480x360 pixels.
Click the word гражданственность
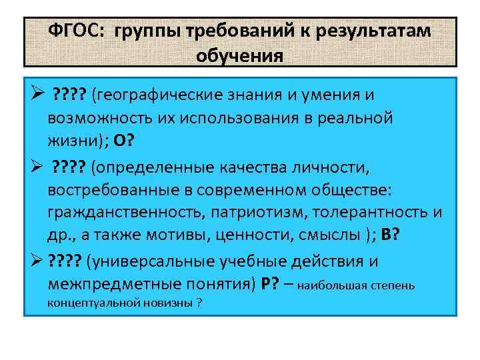pos(123,213)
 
